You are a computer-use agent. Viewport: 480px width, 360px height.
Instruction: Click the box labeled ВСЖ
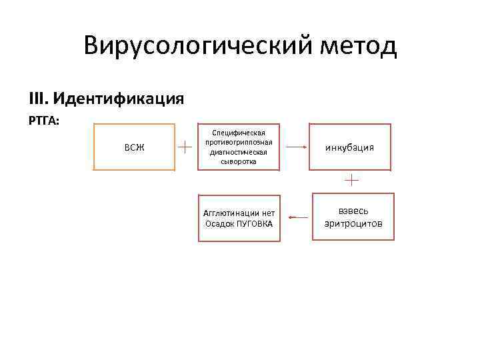(x=134, y=147)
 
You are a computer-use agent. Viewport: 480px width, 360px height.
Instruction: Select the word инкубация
(x=349, y=147)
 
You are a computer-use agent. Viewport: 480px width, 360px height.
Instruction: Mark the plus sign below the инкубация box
(x=351, y=179)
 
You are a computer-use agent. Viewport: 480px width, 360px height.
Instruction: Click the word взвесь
(x=353, y=211)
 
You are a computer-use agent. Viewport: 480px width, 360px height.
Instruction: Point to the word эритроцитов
(x=353, y=223)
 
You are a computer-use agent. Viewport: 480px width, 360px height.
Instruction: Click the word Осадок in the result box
(x=219, y=223)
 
